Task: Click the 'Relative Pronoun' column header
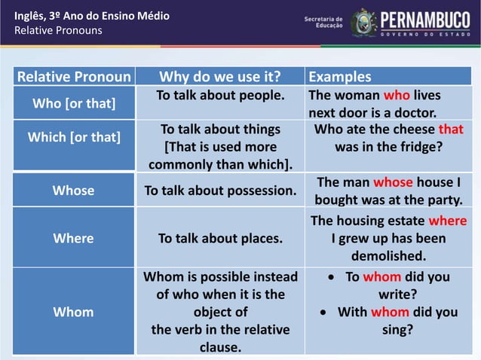point(74,77)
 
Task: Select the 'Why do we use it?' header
point(220,77)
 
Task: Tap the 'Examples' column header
point(340,77)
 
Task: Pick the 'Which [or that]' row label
point(74,137)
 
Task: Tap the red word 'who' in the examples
point(396,96)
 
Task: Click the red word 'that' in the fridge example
point(451,129)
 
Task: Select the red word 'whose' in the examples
point(393,182)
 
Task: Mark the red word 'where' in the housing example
point(447,221)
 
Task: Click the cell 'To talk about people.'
point(220,96)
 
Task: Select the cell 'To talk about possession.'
point(220,191)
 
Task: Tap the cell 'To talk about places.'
point(220,238)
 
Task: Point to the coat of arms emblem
point(363,22)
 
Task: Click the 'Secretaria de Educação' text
point(323,22)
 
